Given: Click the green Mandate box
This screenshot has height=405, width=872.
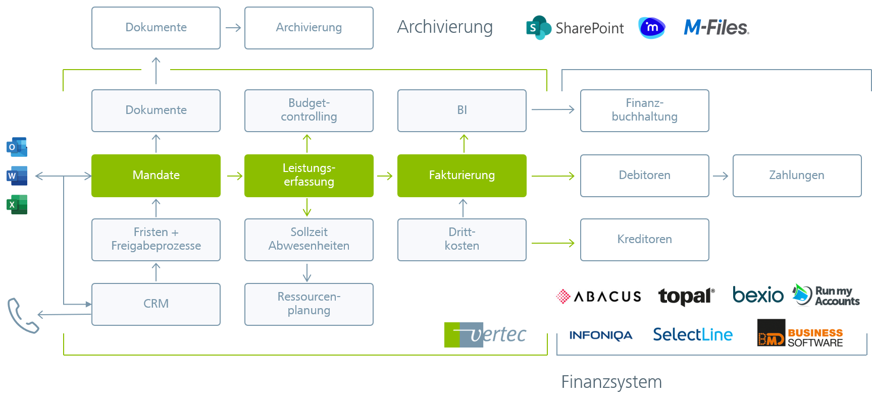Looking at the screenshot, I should click(156, 176).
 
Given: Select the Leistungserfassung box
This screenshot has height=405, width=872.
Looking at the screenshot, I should click(309, 176).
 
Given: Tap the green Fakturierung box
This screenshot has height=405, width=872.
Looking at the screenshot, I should click(461, 176).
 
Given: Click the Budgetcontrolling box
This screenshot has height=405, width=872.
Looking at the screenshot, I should click(309, 110).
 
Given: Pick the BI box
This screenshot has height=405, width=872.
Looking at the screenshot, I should click(461, 110).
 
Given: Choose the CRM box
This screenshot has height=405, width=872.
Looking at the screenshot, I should click(156, 304).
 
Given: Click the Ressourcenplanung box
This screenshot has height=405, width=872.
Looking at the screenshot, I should click(309, 304).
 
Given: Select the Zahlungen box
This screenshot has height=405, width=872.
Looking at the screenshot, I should click(797, 176).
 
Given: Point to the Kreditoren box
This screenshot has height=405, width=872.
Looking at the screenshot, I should click(644, 240).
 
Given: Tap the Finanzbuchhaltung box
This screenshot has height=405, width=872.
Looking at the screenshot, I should click(644, 110).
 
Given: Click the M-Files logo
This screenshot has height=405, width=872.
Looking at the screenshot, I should click(716, 27).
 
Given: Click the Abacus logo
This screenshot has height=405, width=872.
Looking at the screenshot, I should click(599, 296).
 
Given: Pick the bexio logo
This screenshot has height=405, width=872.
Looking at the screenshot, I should click(758, 295).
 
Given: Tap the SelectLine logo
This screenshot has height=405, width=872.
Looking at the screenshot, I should click(693, 334).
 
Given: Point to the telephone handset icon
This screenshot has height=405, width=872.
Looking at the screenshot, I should click(22, 316).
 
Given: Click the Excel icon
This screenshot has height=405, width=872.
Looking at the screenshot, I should click(17, 205).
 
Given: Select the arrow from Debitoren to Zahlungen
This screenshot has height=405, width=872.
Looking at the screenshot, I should click(721, 176).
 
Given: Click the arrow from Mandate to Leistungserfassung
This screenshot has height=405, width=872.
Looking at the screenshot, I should click(235, 176).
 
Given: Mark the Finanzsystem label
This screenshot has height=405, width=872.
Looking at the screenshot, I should click(611, 382).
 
